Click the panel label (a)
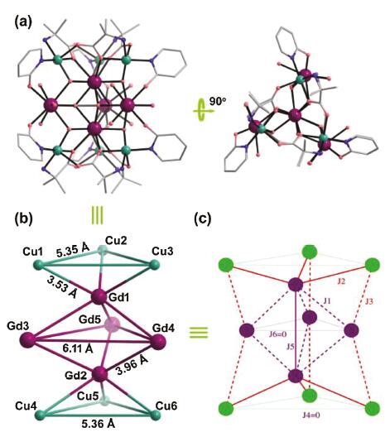[23, 22]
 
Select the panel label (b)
[24, 218]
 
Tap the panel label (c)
[203, 218]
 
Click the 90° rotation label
[218, 102]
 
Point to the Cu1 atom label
[32, 252]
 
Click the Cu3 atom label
[162, 251]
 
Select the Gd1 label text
[119, 298]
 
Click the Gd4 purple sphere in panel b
[158, 341]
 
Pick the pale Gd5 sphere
[112, 325]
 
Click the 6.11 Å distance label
[78, 349]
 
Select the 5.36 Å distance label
[99, 424]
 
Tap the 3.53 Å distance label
[62, 287]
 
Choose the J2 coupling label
[341, 281]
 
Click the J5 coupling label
[289, 347]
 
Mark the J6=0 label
[277, 334]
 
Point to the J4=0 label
[311, 415]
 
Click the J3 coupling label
[368, 301]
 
